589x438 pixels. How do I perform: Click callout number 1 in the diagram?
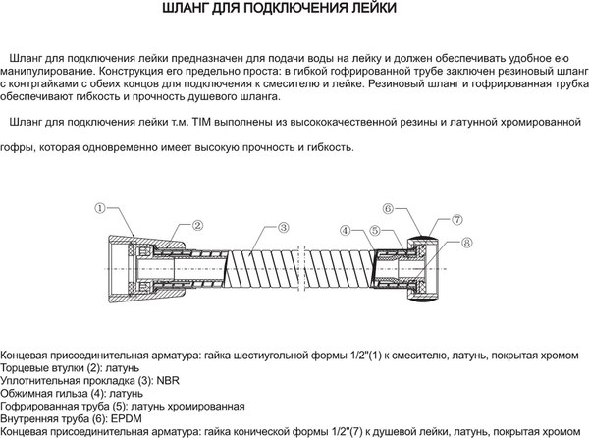coord(100,209)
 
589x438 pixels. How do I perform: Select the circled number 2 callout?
coord(196,226)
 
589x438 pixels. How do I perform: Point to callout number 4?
coord(346,230)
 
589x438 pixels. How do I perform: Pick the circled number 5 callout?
coord(374,230)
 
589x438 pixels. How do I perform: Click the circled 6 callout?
coord(388,209)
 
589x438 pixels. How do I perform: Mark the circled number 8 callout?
coord(465,242)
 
